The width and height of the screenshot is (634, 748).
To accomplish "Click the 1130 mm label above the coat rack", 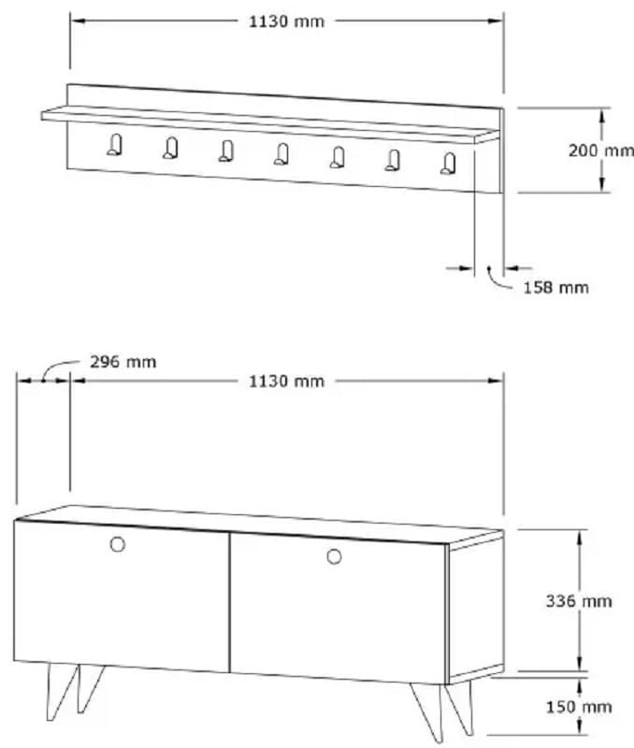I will point(286,22).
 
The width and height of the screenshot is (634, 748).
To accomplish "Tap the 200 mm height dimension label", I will point(600,150).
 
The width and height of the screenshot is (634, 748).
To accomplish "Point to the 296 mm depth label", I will point(122,362).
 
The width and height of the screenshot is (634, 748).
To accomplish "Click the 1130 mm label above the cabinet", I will point(286,381).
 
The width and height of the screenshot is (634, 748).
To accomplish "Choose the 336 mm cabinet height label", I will point(579,600).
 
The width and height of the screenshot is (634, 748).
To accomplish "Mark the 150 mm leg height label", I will point(579,707).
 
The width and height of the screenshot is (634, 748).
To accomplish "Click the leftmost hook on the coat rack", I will point(114,144).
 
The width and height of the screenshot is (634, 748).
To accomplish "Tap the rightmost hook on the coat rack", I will point(449,164).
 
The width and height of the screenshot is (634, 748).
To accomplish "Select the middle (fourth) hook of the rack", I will point(281,153).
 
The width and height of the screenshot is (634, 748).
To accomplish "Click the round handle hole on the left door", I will point(118,545).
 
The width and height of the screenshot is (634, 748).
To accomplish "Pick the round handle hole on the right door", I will point(334,557).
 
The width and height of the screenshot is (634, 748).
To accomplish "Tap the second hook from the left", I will point(170,147).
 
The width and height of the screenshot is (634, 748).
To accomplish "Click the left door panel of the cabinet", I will point(122,598).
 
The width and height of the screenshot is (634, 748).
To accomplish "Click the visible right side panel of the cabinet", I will point(475,612).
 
